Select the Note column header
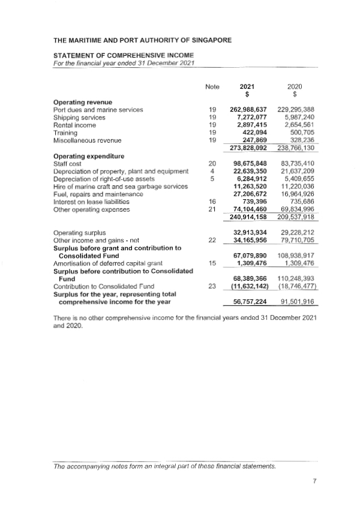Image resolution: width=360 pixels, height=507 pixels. [212, 86]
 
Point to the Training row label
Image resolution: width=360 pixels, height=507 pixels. [65, 133]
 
